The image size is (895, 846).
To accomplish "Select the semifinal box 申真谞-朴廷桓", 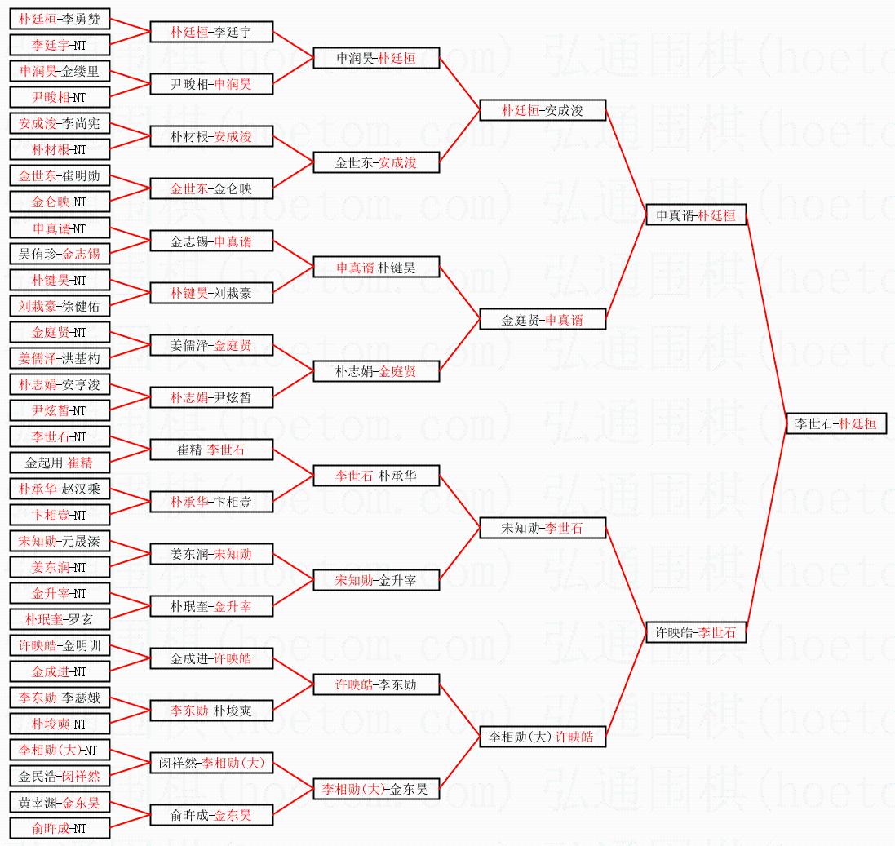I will click(695, 215).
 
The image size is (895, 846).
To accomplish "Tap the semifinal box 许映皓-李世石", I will click(695, 632).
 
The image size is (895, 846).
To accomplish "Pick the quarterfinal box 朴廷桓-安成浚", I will click(543, 110).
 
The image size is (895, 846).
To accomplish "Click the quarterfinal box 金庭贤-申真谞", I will click(543, 319).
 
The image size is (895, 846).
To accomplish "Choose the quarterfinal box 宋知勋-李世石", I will click(543, 528).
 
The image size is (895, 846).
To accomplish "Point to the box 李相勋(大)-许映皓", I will click(543, 737).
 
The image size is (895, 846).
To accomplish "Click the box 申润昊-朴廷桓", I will click(376, 58).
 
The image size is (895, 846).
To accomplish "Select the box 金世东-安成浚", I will click(376, 162).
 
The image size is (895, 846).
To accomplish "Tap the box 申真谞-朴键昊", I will click(376, 267).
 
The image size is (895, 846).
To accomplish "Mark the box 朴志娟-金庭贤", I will click(376, 371).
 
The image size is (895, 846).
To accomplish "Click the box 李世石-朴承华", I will click(376, 476).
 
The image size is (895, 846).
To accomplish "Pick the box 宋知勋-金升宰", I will click(376, 580).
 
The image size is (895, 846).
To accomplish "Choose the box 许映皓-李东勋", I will click(376, 684).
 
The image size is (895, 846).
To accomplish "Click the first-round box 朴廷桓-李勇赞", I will click(60, 19).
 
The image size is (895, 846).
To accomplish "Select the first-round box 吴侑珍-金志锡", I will click(60, 254).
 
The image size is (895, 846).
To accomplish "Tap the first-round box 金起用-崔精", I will click(60, 463).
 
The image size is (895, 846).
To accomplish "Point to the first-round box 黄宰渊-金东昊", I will click(60, 802).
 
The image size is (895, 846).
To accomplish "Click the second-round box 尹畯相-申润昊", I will click(211, 84).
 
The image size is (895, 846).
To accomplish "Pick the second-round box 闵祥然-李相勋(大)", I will click(211, 763).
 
